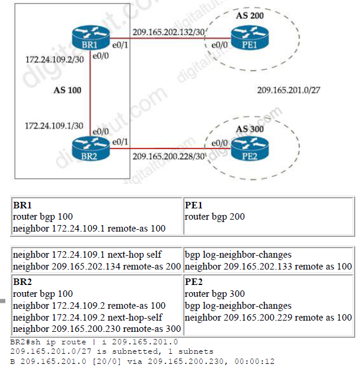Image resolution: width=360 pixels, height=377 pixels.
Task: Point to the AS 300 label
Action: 250,128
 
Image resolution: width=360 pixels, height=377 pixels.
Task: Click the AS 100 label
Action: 66,90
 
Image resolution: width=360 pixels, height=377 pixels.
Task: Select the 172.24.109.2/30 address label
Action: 49,61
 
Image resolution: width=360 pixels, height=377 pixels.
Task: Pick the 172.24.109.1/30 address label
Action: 49,126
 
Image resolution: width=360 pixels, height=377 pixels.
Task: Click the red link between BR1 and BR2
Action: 90,95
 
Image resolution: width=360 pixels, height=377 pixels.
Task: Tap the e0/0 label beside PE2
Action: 219,143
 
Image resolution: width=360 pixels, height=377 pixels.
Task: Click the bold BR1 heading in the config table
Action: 22,205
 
